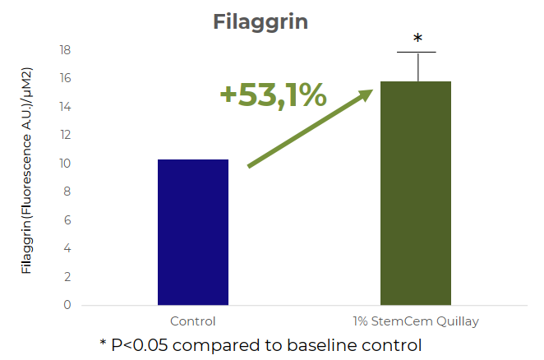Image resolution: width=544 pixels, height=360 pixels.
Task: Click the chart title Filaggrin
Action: tap(260, 23)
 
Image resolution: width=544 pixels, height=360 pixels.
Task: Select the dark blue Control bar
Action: tap(193, 233)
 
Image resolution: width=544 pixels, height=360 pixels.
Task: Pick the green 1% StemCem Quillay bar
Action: tap(416, 193)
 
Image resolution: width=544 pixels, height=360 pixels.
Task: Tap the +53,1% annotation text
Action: tap(274, 95)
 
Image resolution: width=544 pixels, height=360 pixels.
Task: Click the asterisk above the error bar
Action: tap(417, 38)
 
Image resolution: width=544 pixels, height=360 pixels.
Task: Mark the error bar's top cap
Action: tap(417, 52)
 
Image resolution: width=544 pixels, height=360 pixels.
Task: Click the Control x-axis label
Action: tap(193, 321)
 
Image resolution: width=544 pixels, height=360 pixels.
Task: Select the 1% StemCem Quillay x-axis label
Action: tap(416, 322)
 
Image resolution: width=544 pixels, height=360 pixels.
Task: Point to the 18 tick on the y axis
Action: tap(65, 50)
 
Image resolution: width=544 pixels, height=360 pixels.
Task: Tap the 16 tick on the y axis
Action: tap(65, 78)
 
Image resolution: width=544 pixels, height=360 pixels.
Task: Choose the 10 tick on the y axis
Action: tap(65, 164)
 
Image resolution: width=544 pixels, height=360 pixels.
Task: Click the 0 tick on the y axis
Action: tap(67, 305)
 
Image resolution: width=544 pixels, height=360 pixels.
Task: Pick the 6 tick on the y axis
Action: tap(67, 219)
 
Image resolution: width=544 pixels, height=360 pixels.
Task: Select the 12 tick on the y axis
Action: tap(65, 135)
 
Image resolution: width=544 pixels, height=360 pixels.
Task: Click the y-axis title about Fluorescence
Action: tap(26, 170)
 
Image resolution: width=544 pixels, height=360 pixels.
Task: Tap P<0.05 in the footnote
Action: tap(140, 345)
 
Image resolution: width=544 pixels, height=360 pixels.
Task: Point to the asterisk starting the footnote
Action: tap(103, 343)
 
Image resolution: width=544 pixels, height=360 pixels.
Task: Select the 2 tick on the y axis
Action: tap(67, 277)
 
